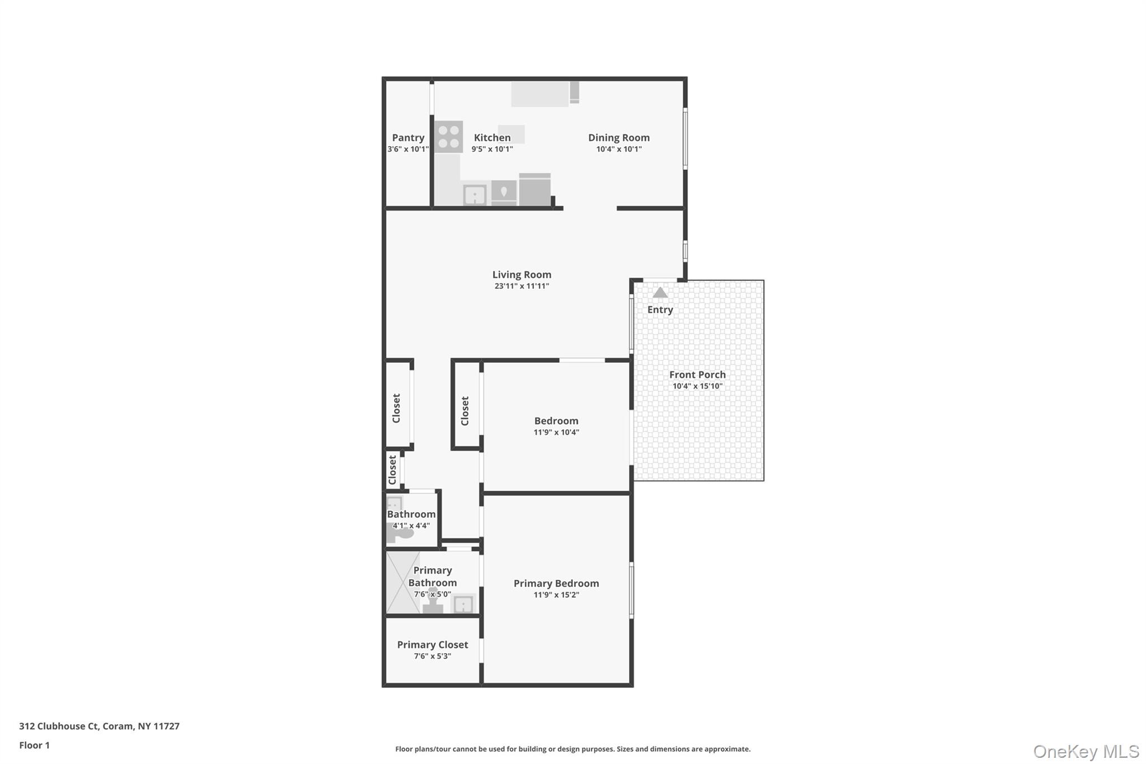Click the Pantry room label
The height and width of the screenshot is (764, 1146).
(408, 138)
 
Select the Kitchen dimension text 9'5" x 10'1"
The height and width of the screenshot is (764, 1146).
(492, 149)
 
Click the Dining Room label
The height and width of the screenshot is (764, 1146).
(619, 138)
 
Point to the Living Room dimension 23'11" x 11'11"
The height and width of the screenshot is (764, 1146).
(522, 286)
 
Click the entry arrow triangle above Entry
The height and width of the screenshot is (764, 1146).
(660, 293)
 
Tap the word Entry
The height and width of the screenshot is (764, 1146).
(660, 310)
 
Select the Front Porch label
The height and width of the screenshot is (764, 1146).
(697, 375)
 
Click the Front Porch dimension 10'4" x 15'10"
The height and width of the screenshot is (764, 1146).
(697, 386)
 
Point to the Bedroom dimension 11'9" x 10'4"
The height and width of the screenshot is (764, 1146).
(556, 432)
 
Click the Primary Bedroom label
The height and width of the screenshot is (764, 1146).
(556, 583)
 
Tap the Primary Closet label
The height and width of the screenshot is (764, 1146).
(433, 645)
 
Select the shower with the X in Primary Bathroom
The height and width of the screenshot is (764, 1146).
(402, 583)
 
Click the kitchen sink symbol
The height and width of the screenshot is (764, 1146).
(475, 195)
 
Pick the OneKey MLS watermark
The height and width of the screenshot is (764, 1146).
(1086, 751)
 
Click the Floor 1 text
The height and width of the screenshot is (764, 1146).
(35, 745)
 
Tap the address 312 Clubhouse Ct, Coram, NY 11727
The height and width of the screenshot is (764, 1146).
(99, 726)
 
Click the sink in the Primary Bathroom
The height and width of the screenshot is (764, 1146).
(463, 604)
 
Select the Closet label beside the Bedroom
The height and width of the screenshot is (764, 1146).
(465, 411)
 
